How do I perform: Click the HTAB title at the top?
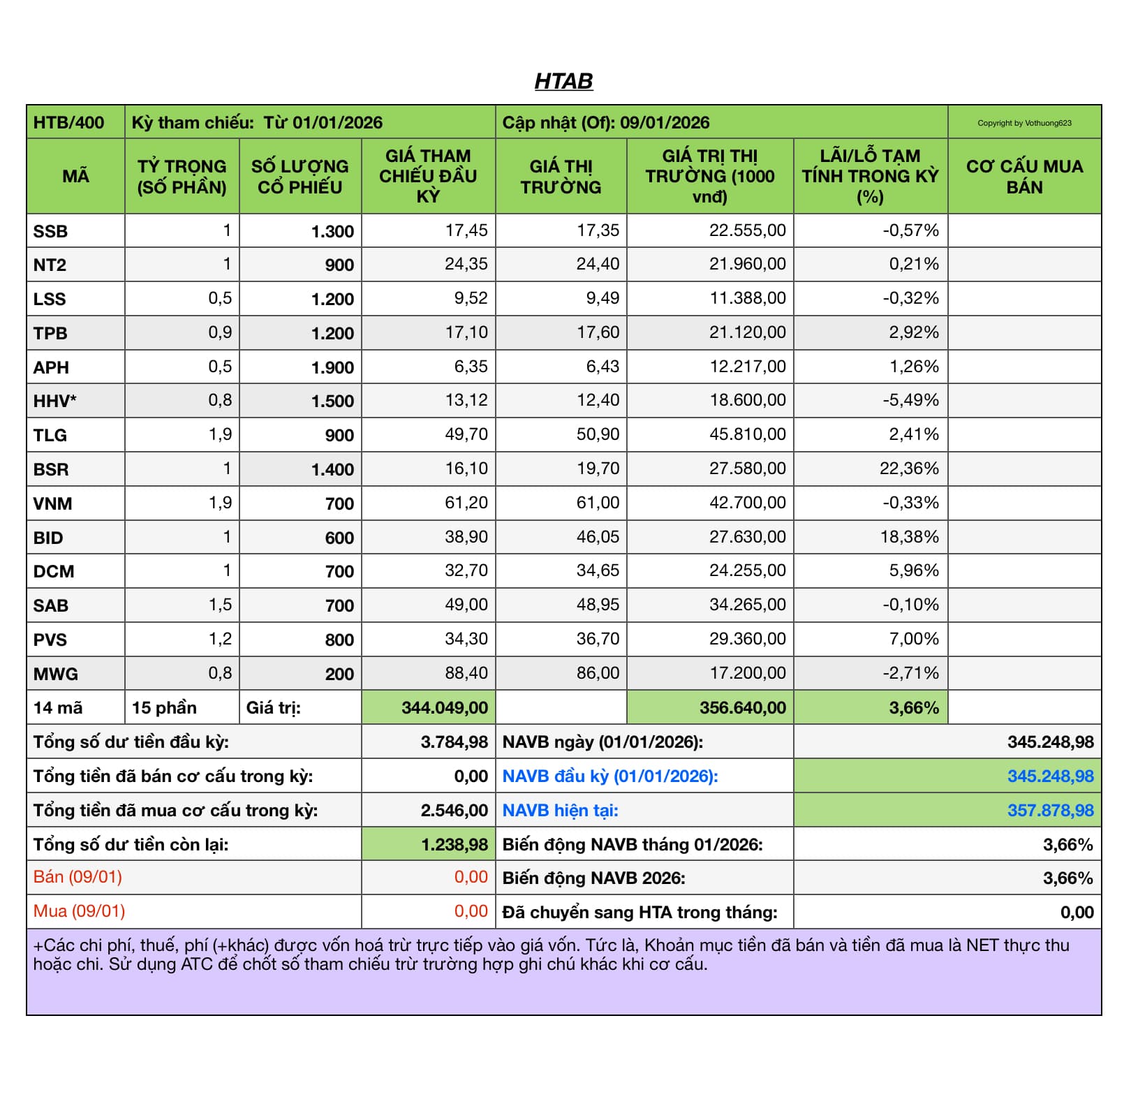563,81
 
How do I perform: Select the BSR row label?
51,469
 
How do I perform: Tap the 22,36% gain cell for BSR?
909,469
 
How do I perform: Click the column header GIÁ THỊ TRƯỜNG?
561,177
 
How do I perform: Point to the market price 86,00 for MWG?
598,673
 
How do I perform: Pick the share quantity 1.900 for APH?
332,367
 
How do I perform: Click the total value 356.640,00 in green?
742,708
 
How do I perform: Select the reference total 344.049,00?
445,708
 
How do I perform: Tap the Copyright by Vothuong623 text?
1024,123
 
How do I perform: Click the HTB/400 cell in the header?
68,123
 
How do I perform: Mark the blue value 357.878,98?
1050,811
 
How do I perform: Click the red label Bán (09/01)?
77,877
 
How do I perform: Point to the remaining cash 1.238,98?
454,845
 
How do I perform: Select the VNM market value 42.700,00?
747,503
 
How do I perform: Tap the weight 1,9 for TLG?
220,434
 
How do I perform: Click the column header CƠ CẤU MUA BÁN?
1024,177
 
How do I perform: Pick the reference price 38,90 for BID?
466,537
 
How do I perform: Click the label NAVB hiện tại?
560,811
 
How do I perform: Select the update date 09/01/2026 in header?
665,123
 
